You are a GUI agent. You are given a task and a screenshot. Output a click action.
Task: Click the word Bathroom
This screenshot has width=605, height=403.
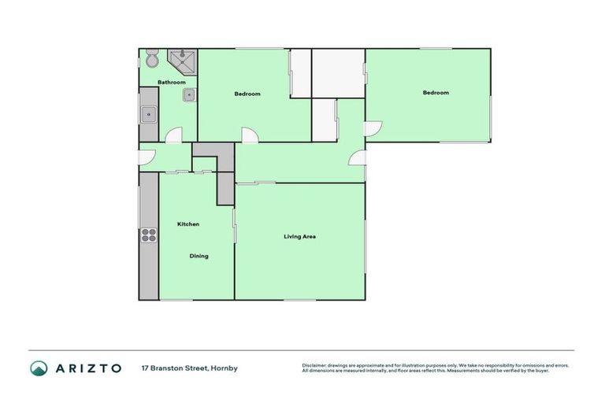coord(171,83)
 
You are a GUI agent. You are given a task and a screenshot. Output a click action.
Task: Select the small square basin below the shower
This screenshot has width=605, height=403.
coord(189,96)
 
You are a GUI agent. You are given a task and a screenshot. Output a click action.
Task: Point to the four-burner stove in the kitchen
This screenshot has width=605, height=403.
coord(148,234)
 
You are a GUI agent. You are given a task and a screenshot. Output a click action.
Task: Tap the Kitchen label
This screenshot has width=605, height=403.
coord(188,224)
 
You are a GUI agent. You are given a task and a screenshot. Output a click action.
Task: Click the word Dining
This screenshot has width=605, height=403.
coord(199,256)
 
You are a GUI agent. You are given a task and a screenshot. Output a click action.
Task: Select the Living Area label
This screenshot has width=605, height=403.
coord(300,236)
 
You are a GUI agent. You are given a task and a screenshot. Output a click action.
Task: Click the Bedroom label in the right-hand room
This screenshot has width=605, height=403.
coord(436,93)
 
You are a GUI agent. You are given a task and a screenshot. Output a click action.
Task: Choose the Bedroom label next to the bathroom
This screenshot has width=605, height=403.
coord(247,94)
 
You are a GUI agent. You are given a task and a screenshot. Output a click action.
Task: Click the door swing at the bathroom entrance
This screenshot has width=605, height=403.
coord(174,135)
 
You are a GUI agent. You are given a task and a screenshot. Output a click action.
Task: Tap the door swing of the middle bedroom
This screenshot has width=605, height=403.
coord(249,135)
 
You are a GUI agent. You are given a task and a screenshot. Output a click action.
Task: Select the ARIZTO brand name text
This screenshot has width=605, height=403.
coord(87,368)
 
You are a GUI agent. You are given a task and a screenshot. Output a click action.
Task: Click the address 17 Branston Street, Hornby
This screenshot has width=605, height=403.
coord(189,368)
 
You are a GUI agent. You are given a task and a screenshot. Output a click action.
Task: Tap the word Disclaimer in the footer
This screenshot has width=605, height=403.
coord(314,365)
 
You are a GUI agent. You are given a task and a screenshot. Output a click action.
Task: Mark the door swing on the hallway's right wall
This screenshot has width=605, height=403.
coord(358,157)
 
